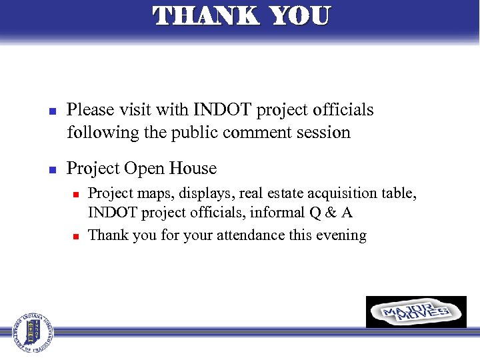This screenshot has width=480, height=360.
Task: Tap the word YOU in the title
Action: click(x=298, y=16)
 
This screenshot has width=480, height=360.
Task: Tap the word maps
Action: click(x=149, y=194)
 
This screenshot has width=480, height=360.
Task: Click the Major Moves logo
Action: click(x=416, y=312)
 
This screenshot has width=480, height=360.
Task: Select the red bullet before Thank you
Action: click(x=76, y=236)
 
